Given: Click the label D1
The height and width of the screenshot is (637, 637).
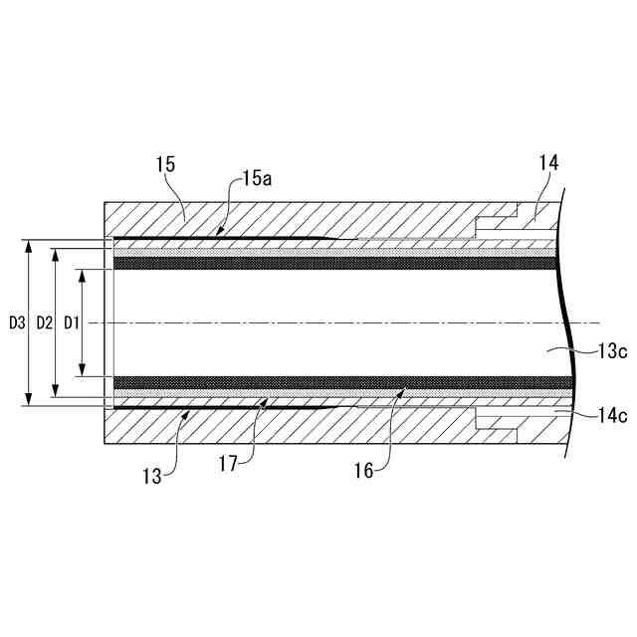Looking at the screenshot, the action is click(x=71, y=322).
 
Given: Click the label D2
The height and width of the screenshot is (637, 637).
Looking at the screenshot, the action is click(x=44, y=322).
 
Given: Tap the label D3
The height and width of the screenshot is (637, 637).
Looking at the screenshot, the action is click(x=16, y=322).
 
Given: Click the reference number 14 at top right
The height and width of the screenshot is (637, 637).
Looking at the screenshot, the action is click(x=548, y=162).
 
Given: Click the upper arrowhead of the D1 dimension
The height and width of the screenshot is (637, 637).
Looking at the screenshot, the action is click(x=82, y=273).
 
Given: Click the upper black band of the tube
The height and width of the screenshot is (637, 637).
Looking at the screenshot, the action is click(x=328, y=264).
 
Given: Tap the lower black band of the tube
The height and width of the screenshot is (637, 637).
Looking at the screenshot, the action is click(x=328, y=383).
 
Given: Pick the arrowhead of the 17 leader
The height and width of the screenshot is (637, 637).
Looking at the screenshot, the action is click(x=266, y=399).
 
